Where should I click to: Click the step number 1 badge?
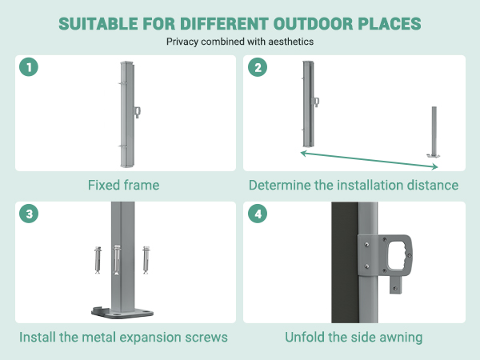point(29,67)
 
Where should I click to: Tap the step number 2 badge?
point(258,67)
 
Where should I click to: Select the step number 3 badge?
point(29,214)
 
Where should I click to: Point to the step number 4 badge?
point(258,214)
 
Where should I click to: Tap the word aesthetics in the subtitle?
point(291,42)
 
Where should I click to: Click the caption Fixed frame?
point(124,186)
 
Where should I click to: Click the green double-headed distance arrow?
point(369,160)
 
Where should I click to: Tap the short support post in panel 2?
point(434,132)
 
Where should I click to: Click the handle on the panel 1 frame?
point(138,112)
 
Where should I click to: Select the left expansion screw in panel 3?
point(98,260)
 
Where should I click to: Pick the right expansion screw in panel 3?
point(146,260)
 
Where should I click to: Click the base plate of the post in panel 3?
point(122,313)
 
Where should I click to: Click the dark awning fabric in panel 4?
point(345,262)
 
